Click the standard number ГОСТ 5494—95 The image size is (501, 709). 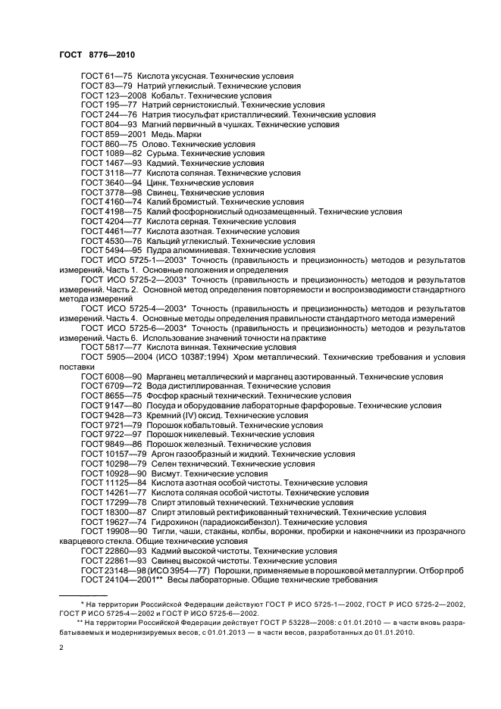pos(110,249)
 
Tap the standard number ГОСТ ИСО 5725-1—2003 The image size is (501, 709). pos(132,259)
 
